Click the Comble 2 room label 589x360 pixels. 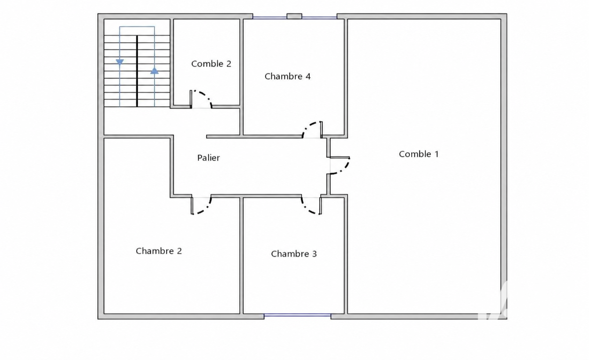(x=211, y=64)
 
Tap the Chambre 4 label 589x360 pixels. (x=288, y=76)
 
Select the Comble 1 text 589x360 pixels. (x=419, y=154)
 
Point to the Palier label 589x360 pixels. (x=209, y=158)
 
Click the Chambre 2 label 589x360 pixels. (x=159, y=251)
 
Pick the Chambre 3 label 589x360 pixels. (x=294, y=254)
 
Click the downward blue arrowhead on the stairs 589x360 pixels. (x=120, y=62)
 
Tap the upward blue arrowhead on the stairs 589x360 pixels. (x=154, y=71)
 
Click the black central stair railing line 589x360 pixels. (x=137, y=71)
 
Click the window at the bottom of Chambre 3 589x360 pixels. (x=297, y=315)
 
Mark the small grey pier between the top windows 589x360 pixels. (x=294, y=16)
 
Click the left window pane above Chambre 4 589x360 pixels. (x=270, y=18)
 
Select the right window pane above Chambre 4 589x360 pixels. (x=319, y=18)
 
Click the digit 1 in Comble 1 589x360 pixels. (x=437, y=154)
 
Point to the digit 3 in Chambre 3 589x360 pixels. (x=314, y=254)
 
